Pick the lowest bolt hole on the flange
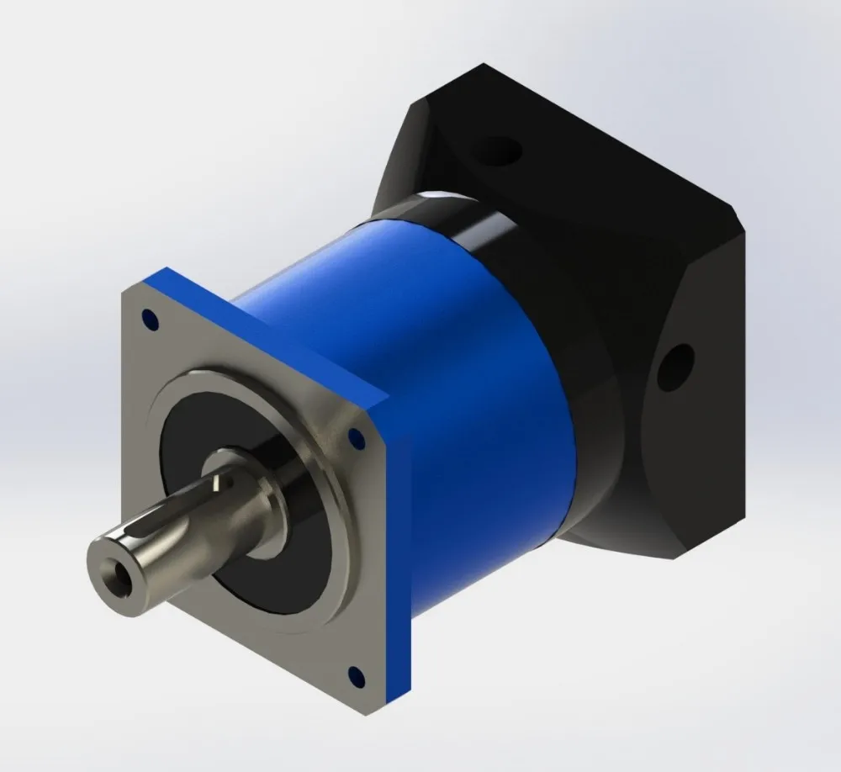pyautogui.click(x=354, y=674)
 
